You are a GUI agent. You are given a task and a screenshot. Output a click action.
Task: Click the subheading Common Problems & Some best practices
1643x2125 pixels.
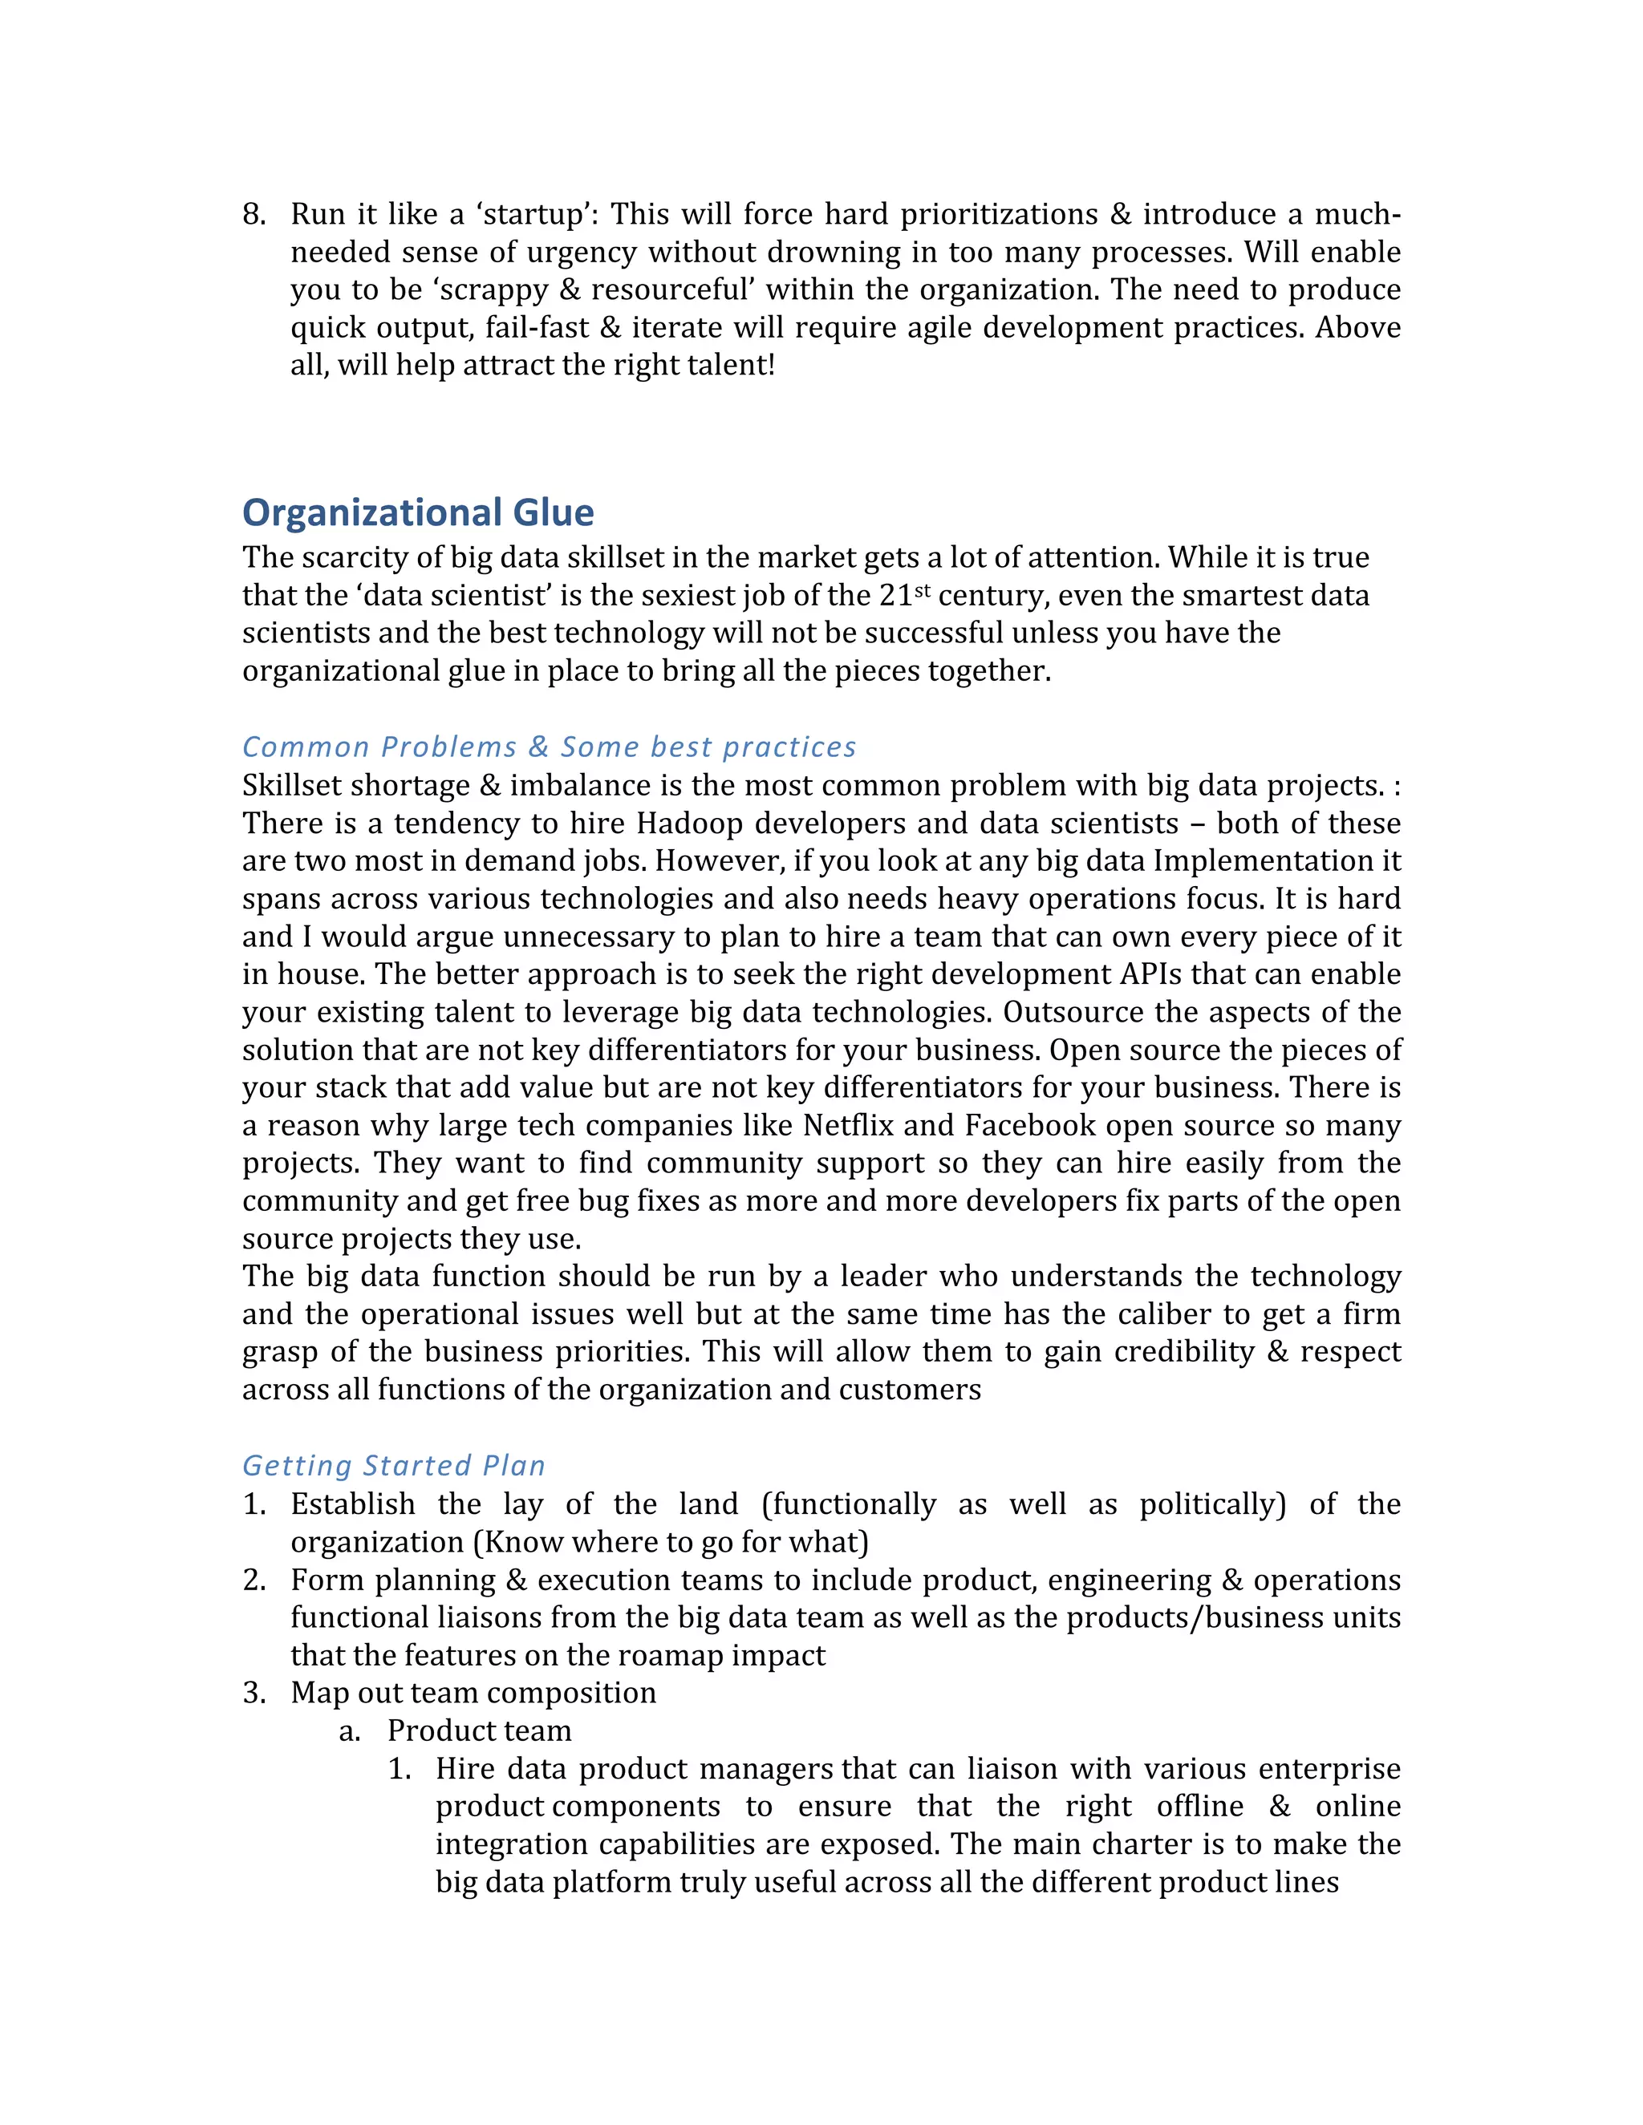(549, 747)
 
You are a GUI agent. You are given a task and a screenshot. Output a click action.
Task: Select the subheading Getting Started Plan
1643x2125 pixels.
(393, 1465)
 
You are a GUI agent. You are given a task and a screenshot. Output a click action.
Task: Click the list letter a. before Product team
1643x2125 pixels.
(351, 1731)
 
